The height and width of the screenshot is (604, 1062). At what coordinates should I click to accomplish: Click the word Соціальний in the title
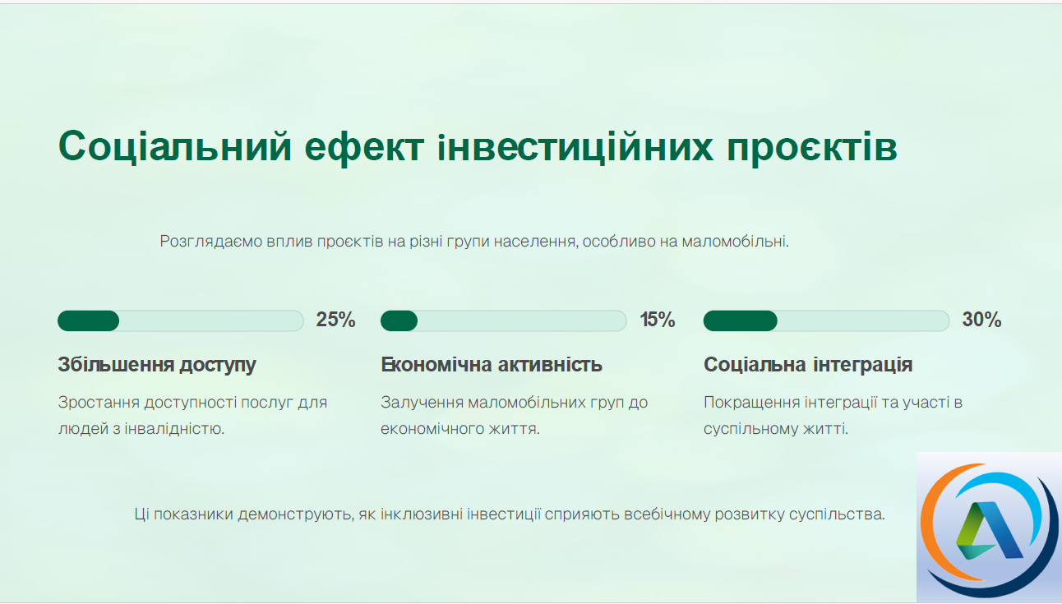coord(174,147)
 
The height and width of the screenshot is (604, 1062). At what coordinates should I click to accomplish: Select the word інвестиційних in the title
coord(575,147)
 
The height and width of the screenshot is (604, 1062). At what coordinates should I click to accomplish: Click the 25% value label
coord(335,320)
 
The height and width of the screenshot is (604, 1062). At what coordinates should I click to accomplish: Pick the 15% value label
coord(657,320)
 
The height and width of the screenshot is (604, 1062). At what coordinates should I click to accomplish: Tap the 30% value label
coord(981,320)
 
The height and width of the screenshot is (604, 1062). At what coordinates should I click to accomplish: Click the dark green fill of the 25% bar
coord(89,321)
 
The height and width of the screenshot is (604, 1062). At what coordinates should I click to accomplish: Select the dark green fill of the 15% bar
coord(399,321)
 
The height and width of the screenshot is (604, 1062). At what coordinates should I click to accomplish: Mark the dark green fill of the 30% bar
coord(741,321)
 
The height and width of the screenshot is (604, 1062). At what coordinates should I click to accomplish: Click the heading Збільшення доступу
coord(157,365)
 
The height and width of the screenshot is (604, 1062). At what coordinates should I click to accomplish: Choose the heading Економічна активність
coord(492,365)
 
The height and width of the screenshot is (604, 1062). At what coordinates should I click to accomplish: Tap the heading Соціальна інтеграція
coord(808,365)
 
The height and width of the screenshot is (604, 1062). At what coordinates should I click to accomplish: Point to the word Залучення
coord(422,403)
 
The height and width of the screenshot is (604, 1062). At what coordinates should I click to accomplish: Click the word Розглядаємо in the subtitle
coord(211,242)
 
